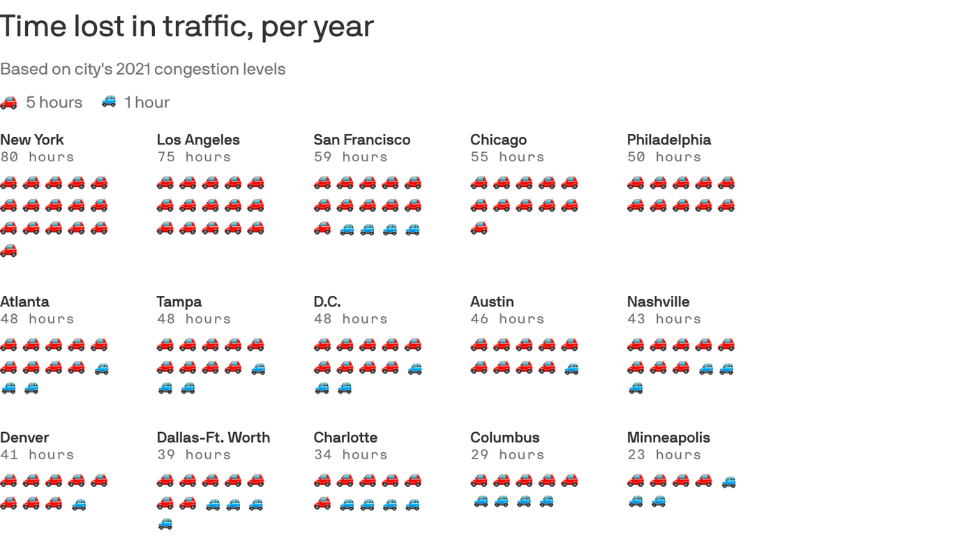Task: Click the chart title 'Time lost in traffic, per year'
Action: pos(187,27)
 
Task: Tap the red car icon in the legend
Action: pos(8,103)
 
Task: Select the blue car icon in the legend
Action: pos(109,102)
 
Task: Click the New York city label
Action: pos(32,140)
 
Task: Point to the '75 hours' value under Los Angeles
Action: pos(194,157)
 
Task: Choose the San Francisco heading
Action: pos(361,140)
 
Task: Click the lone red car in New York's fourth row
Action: pos(8,251)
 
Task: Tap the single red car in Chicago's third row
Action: pos(479,228)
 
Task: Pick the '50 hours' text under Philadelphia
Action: pos(664,157)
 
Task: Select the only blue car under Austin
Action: pos(571,368)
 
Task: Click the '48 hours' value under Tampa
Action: pos(194,319)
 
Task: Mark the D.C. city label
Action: pos(327,301)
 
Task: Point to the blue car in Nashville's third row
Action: pos(636,389)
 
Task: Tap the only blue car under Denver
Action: pos(79,504)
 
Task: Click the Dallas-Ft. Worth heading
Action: pos(213,438)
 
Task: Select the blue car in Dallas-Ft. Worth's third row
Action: pos(165,524)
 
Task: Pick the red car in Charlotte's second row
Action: pos(322,503)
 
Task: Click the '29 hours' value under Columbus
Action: pos(507,455)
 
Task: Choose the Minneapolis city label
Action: pos(668,438)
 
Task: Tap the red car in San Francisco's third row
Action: pos(322,228)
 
